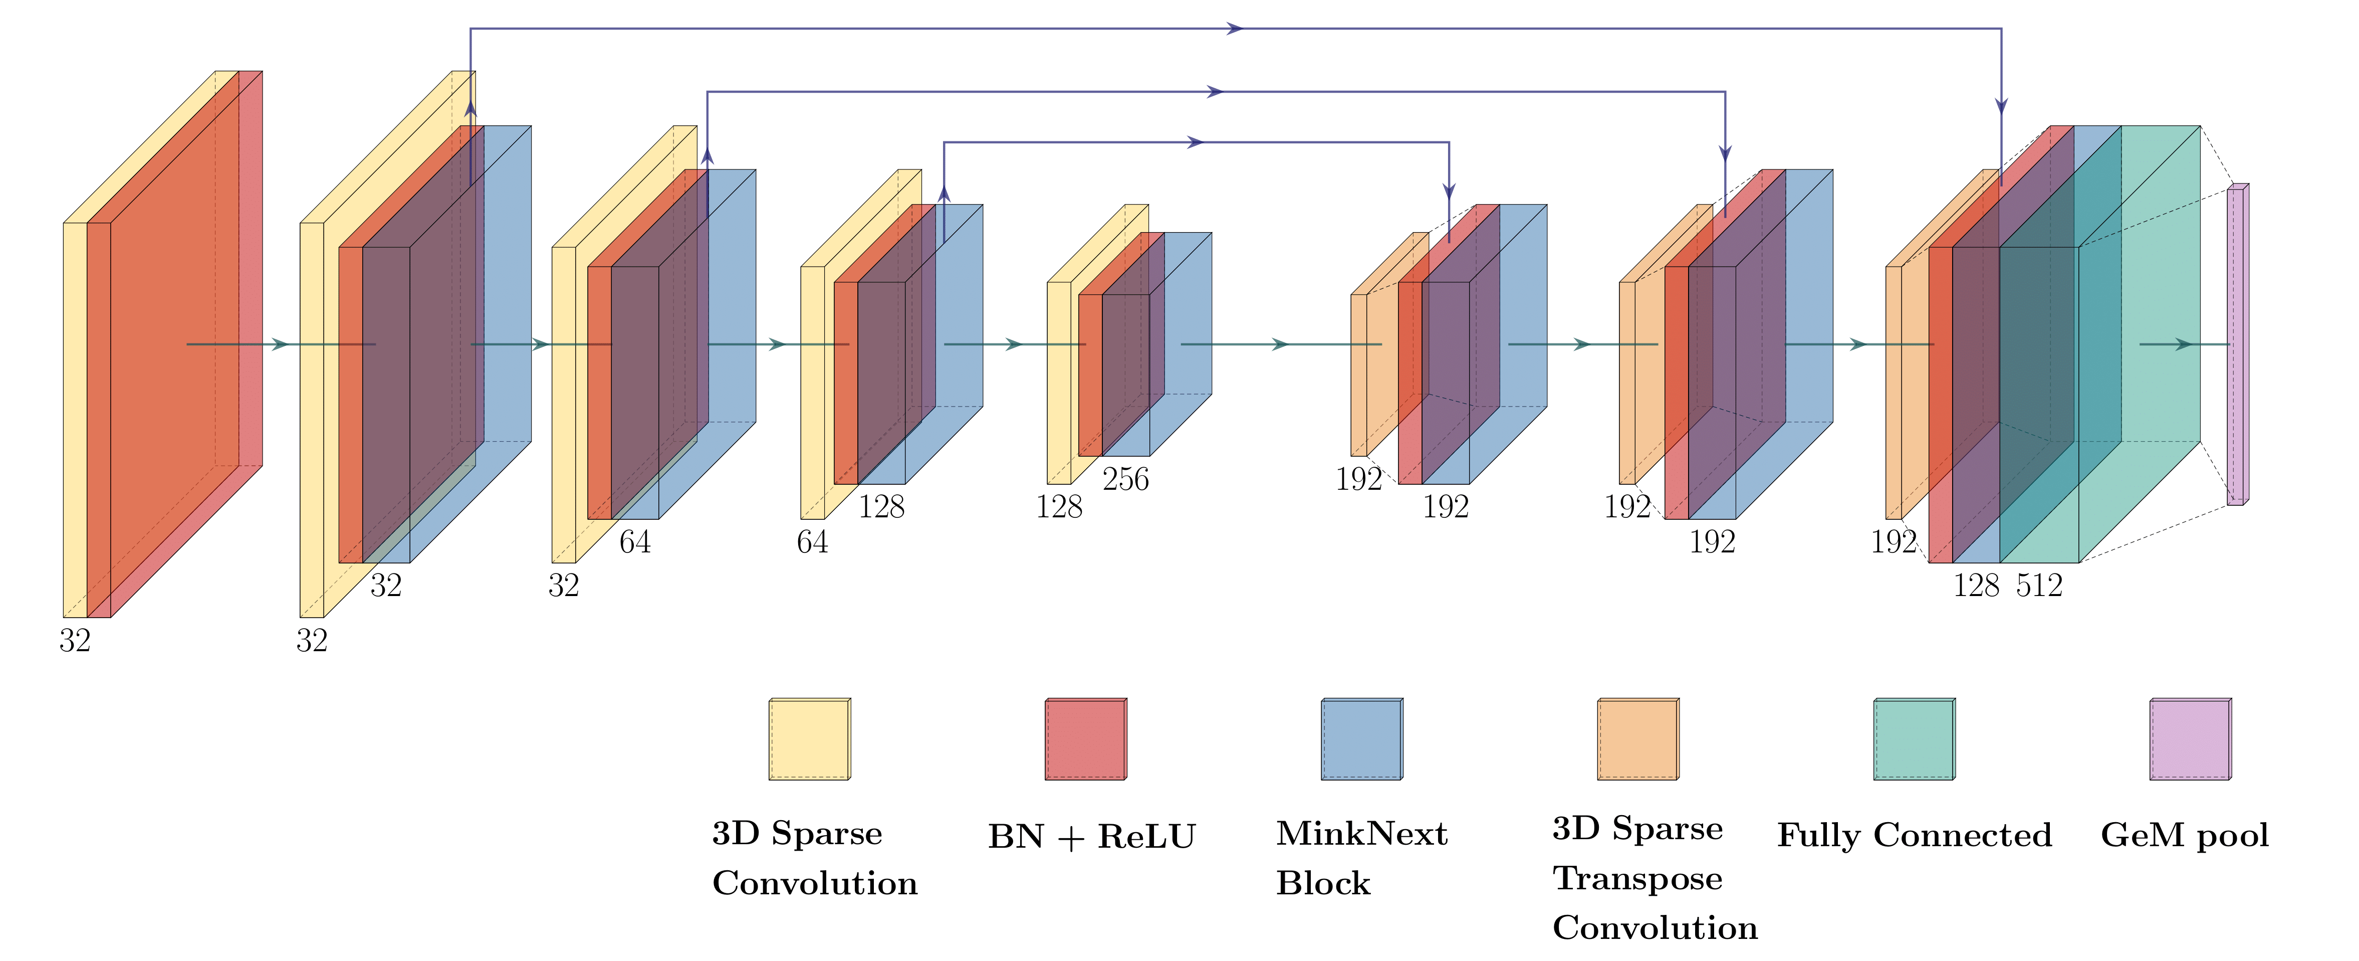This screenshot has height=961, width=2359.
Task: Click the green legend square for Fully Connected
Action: pyautogui.click(x=1914, y=739)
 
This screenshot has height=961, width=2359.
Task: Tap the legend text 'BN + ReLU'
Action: pyautogui.click(x=1092, y=836)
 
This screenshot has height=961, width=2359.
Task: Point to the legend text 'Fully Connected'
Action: pyautogui.click(x=1914, y=836)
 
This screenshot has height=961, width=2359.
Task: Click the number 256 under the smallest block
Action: pyautogui.click(x=1125, y=479)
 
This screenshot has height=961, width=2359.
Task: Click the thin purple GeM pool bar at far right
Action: pyautogui.click(x=2236, y=344)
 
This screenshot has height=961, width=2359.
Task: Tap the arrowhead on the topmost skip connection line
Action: pyautogui.click(x=1236, y=29)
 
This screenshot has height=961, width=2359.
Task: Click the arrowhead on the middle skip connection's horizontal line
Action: pyautogui.click(x=1216, y=92)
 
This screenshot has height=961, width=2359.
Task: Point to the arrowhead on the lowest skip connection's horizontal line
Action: pyautogui.click(x=1196, y=142)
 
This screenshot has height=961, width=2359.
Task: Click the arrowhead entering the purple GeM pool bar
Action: pyautogui.click(x=2185, y=344)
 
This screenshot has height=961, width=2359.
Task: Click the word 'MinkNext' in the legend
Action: pyautogui.click(x=1362, y=834)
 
